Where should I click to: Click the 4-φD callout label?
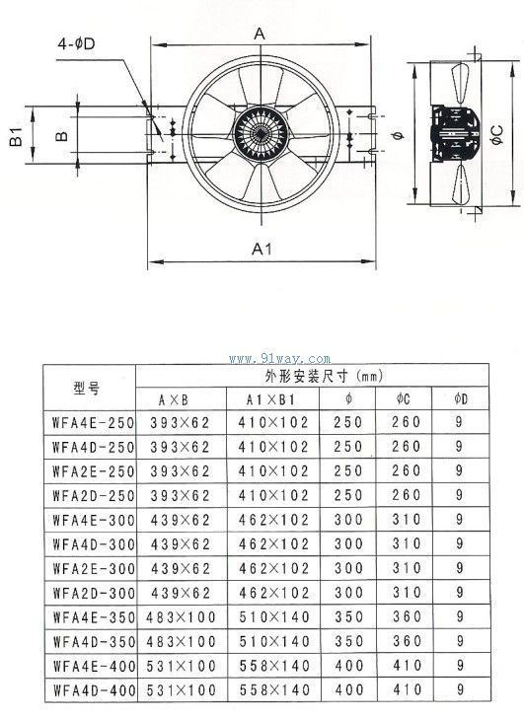click(x=76, y=44)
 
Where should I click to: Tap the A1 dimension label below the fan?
click(x=262, y=249)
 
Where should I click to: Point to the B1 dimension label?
click(x=16, y=136)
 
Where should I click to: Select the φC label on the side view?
click(x=496, y=135)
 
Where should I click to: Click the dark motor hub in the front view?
click(x=261, y=133)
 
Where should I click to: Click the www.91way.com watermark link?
click(x=279, y=359)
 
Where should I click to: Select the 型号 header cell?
click(x=86, y=389)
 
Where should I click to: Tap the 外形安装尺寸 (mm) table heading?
click(x=324, y=377)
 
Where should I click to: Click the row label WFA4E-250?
click(x=93, y=423)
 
